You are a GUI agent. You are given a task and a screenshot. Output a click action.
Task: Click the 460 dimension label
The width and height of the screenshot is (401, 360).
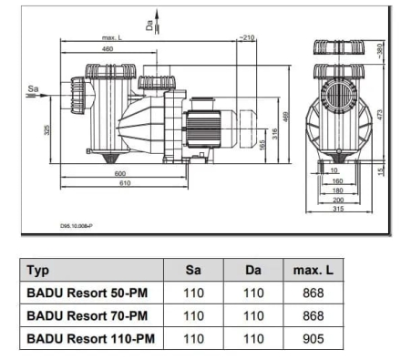pos(108,48)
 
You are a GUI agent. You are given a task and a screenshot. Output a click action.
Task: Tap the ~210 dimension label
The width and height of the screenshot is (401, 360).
pos(247,37)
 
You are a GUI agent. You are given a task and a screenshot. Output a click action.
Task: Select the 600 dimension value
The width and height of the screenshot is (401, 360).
pos(120,173)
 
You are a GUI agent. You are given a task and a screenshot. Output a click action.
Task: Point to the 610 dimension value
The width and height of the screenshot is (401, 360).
pos(125,183)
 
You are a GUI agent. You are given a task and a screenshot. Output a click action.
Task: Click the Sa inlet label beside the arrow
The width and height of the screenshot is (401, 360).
pos(33,88)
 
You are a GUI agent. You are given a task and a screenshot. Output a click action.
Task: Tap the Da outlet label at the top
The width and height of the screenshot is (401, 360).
pos(149,26)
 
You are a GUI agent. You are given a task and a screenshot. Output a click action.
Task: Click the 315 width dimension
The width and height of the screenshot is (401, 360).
pos(338,209)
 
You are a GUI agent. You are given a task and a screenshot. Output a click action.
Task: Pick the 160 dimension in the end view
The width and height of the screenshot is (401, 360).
pos(337,181)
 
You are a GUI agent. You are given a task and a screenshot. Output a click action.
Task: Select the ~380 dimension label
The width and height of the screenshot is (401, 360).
pos(380,51)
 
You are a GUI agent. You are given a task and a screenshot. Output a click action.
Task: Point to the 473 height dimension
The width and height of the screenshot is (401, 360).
pos(380,114)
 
